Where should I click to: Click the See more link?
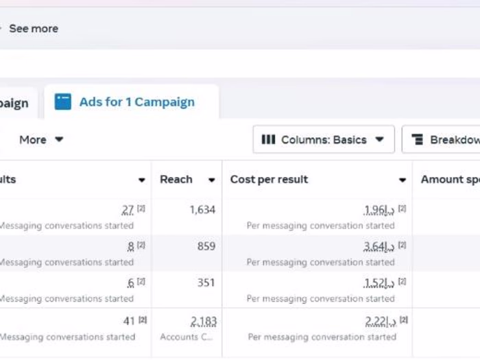(x=33, y=29)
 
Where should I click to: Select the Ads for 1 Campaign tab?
(x=136, y=102)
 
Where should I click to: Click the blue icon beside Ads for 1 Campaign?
(x=63, y=102)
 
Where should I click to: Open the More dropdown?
(x=41, y=140)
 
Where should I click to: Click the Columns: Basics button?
(x=324, y=140)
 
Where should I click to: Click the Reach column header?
(x=176, y=180)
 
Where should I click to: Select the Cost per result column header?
(x=269, y=180)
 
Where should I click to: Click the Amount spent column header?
(x=450, y=180)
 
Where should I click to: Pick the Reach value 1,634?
(x=202, y=210)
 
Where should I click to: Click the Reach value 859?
(x=206, y=246)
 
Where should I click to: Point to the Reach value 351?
(x=206, y=283)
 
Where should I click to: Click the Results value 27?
(x=128, y=210)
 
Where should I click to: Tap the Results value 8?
(x=131, y=246)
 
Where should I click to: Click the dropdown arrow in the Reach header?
(x=212, y=180)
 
